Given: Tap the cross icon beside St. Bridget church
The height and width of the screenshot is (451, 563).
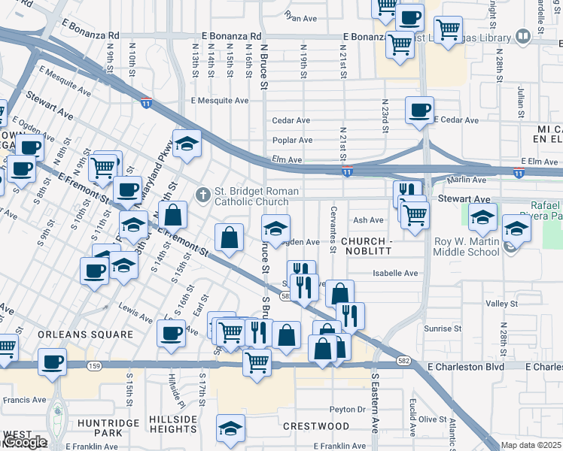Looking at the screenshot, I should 202,195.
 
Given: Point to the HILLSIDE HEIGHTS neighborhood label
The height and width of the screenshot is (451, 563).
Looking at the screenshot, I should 173,424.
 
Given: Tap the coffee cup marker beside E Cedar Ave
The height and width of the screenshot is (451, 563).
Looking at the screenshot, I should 419,110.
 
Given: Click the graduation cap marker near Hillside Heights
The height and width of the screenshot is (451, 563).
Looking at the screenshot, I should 230,428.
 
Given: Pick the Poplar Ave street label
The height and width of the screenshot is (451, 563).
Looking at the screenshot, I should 293,141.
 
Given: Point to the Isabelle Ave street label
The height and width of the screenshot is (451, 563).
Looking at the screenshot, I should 400,274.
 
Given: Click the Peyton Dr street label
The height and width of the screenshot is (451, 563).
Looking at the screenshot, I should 347,410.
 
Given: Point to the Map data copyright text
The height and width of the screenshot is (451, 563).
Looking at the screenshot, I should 531,445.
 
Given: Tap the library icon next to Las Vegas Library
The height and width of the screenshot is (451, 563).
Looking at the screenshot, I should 523,36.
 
